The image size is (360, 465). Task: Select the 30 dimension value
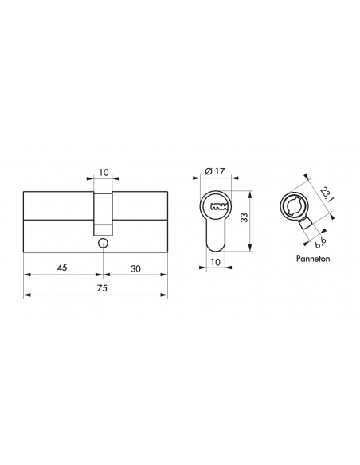(x=136, y=268)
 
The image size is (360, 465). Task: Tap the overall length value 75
(x=96, y=289)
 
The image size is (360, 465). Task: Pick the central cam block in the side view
(x=103, y=211)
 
